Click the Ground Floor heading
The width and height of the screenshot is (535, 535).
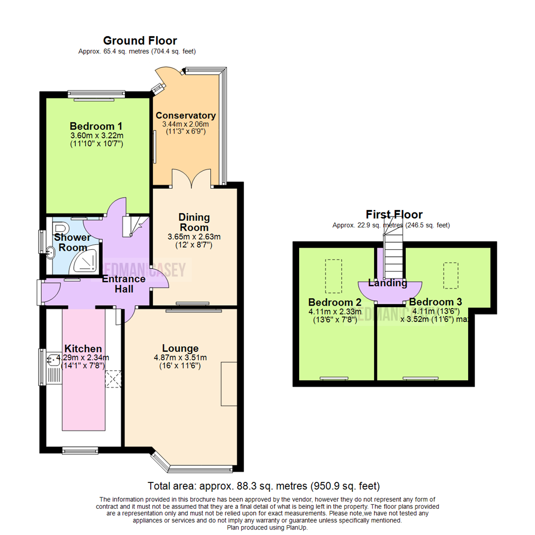pyautogui.click(x=140, y=41)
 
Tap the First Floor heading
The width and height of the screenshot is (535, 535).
pyautogui.click(x=394, y=214)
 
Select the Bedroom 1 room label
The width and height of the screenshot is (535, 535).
pyautogui.click(x=96, y=126)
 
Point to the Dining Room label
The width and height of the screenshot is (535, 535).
pyautogui.click(x=194, y=223)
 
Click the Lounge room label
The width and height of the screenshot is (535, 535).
pyautogui.click(x=180, y=348)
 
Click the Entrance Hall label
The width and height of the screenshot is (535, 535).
pyautogui.click(x=123, y=283)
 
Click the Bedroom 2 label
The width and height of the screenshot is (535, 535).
pyautogui.click(x=334, y=302)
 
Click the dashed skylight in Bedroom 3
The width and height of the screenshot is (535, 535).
pyautogui.click(x=450, y=275)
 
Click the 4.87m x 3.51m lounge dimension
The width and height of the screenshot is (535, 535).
pyautogui.click(x=179, y=358)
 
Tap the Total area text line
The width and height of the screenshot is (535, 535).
pyautogui.click(x=264, y=485)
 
